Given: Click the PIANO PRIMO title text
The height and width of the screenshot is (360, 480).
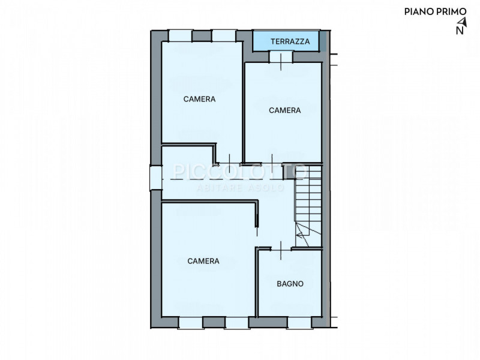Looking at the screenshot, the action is [x=435, y=11].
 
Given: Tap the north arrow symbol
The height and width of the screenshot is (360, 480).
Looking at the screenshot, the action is [x=463, y=22].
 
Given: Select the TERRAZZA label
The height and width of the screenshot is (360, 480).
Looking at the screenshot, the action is [x=290, y=41].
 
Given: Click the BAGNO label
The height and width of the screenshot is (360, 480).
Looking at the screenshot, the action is [x=290, y=284].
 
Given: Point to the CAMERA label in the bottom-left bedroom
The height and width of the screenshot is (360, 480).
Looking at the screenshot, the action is [x=203, y=261].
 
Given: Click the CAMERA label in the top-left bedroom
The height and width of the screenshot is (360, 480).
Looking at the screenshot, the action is [x=199, y=99].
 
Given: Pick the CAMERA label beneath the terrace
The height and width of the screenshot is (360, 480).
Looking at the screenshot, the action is [x=284, y=110].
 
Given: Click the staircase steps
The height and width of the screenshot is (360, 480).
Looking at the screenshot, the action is [x=308, y=206].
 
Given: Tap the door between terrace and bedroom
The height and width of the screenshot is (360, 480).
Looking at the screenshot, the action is [x=281, y=57].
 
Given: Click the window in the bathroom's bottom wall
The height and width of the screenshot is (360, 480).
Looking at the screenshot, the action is [x=299, y=322].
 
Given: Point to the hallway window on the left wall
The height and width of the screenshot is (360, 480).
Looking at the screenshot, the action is [x=156, y=178].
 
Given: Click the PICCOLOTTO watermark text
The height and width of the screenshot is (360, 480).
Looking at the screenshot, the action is [x=239, y=172].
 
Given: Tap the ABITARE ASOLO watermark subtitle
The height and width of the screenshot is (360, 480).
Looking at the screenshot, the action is [x=241, y=187].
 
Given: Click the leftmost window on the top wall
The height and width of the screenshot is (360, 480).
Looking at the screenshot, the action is [x=181, y=35].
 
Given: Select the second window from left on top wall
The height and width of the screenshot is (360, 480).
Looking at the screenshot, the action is [x=224, y=35].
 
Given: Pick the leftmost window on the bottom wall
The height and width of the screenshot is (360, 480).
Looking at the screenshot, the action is [x=191, y=323].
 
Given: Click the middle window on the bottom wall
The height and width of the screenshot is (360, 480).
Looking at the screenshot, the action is [x=237, y=323].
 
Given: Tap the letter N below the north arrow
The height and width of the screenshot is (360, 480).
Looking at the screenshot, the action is [x=460, y=31].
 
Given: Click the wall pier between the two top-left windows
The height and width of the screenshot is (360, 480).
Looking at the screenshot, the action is [x=202, y=36].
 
